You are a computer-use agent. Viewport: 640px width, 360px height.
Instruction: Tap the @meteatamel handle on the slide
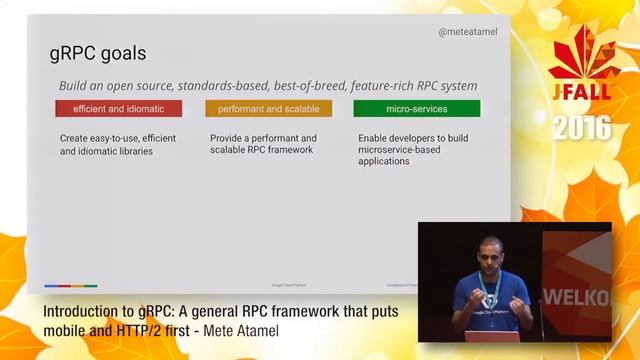point(467,32)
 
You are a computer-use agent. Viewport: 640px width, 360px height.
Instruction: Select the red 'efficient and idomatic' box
point(118,108)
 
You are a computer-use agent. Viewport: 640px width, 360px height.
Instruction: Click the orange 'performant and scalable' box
point(267,108)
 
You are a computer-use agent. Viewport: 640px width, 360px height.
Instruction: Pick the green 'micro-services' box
point(416,108)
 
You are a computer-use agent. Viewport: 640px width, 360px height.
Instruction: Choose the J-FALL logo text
point(581,101)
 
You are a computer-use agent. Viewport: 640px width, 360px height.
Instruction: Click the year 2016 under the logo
point(581,128)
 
